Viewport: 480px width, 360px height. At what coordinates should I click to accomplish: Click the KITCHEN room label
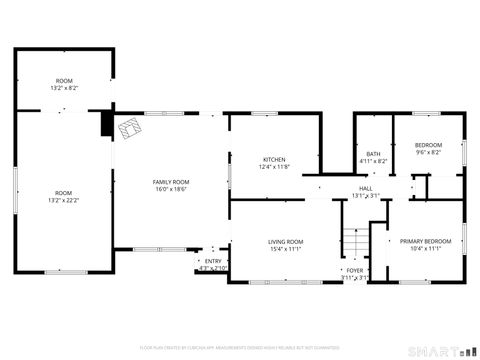coord(274,160)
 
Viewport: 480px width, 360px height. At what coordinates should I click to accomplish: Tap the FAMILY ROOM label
coord(171,182)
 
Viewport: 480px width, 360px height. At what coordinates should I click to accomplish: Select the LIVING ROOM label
coord(285,242)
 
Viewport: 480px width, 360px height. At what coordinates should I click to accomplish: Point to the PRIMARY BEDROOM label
coord(426,241)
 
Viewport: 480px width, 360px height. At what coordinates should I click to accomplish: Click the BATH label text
coord(372,153)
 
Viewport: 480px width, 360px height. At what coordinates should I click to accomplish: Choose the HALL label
coord(366,188)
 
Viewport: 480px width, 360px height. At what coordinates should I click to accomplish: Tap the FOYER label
coord(354,270)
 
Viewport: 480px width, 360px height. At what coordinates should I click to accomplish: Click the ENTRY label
coord(213,261)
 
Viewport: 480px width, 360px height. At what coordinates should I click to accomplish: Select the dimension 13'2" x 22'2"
coord(64,199)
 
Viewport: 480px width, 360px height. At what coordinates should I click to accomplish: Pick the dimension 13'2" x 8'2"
coord(64,88)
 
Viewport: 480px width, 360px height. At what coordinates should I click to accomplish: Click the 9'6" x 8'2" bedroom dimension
coord(429,153)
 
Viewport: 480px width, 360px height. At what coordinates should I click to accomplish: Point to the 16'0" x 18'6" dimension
coord(171,189)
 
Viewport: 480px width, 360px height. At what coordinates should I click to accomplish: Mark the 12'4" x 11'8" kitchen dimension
coord(274,167)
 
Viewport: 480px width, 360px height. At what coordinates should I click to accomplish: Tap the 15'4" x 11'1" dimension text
coord(285,249)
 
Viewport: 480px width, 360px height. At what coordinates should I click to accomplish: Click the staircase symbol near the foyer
coord(352,244)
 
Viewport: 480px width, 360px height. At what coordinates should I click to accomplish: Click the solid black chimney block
coord(107,124)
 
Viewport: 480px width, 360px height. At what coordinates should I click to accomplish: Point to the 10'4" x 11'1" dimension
coord(426,248)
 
